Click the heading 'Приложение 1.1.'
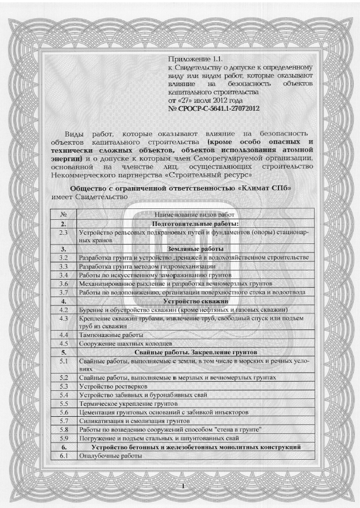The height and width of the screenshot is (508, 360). pos(195,59)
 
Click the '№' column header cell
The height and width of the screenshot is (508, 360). pos(64,214)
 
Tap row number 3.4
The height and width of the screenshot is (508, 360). pos(64,275)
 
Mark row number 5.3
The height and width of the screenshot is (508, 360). pos(64,386)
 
